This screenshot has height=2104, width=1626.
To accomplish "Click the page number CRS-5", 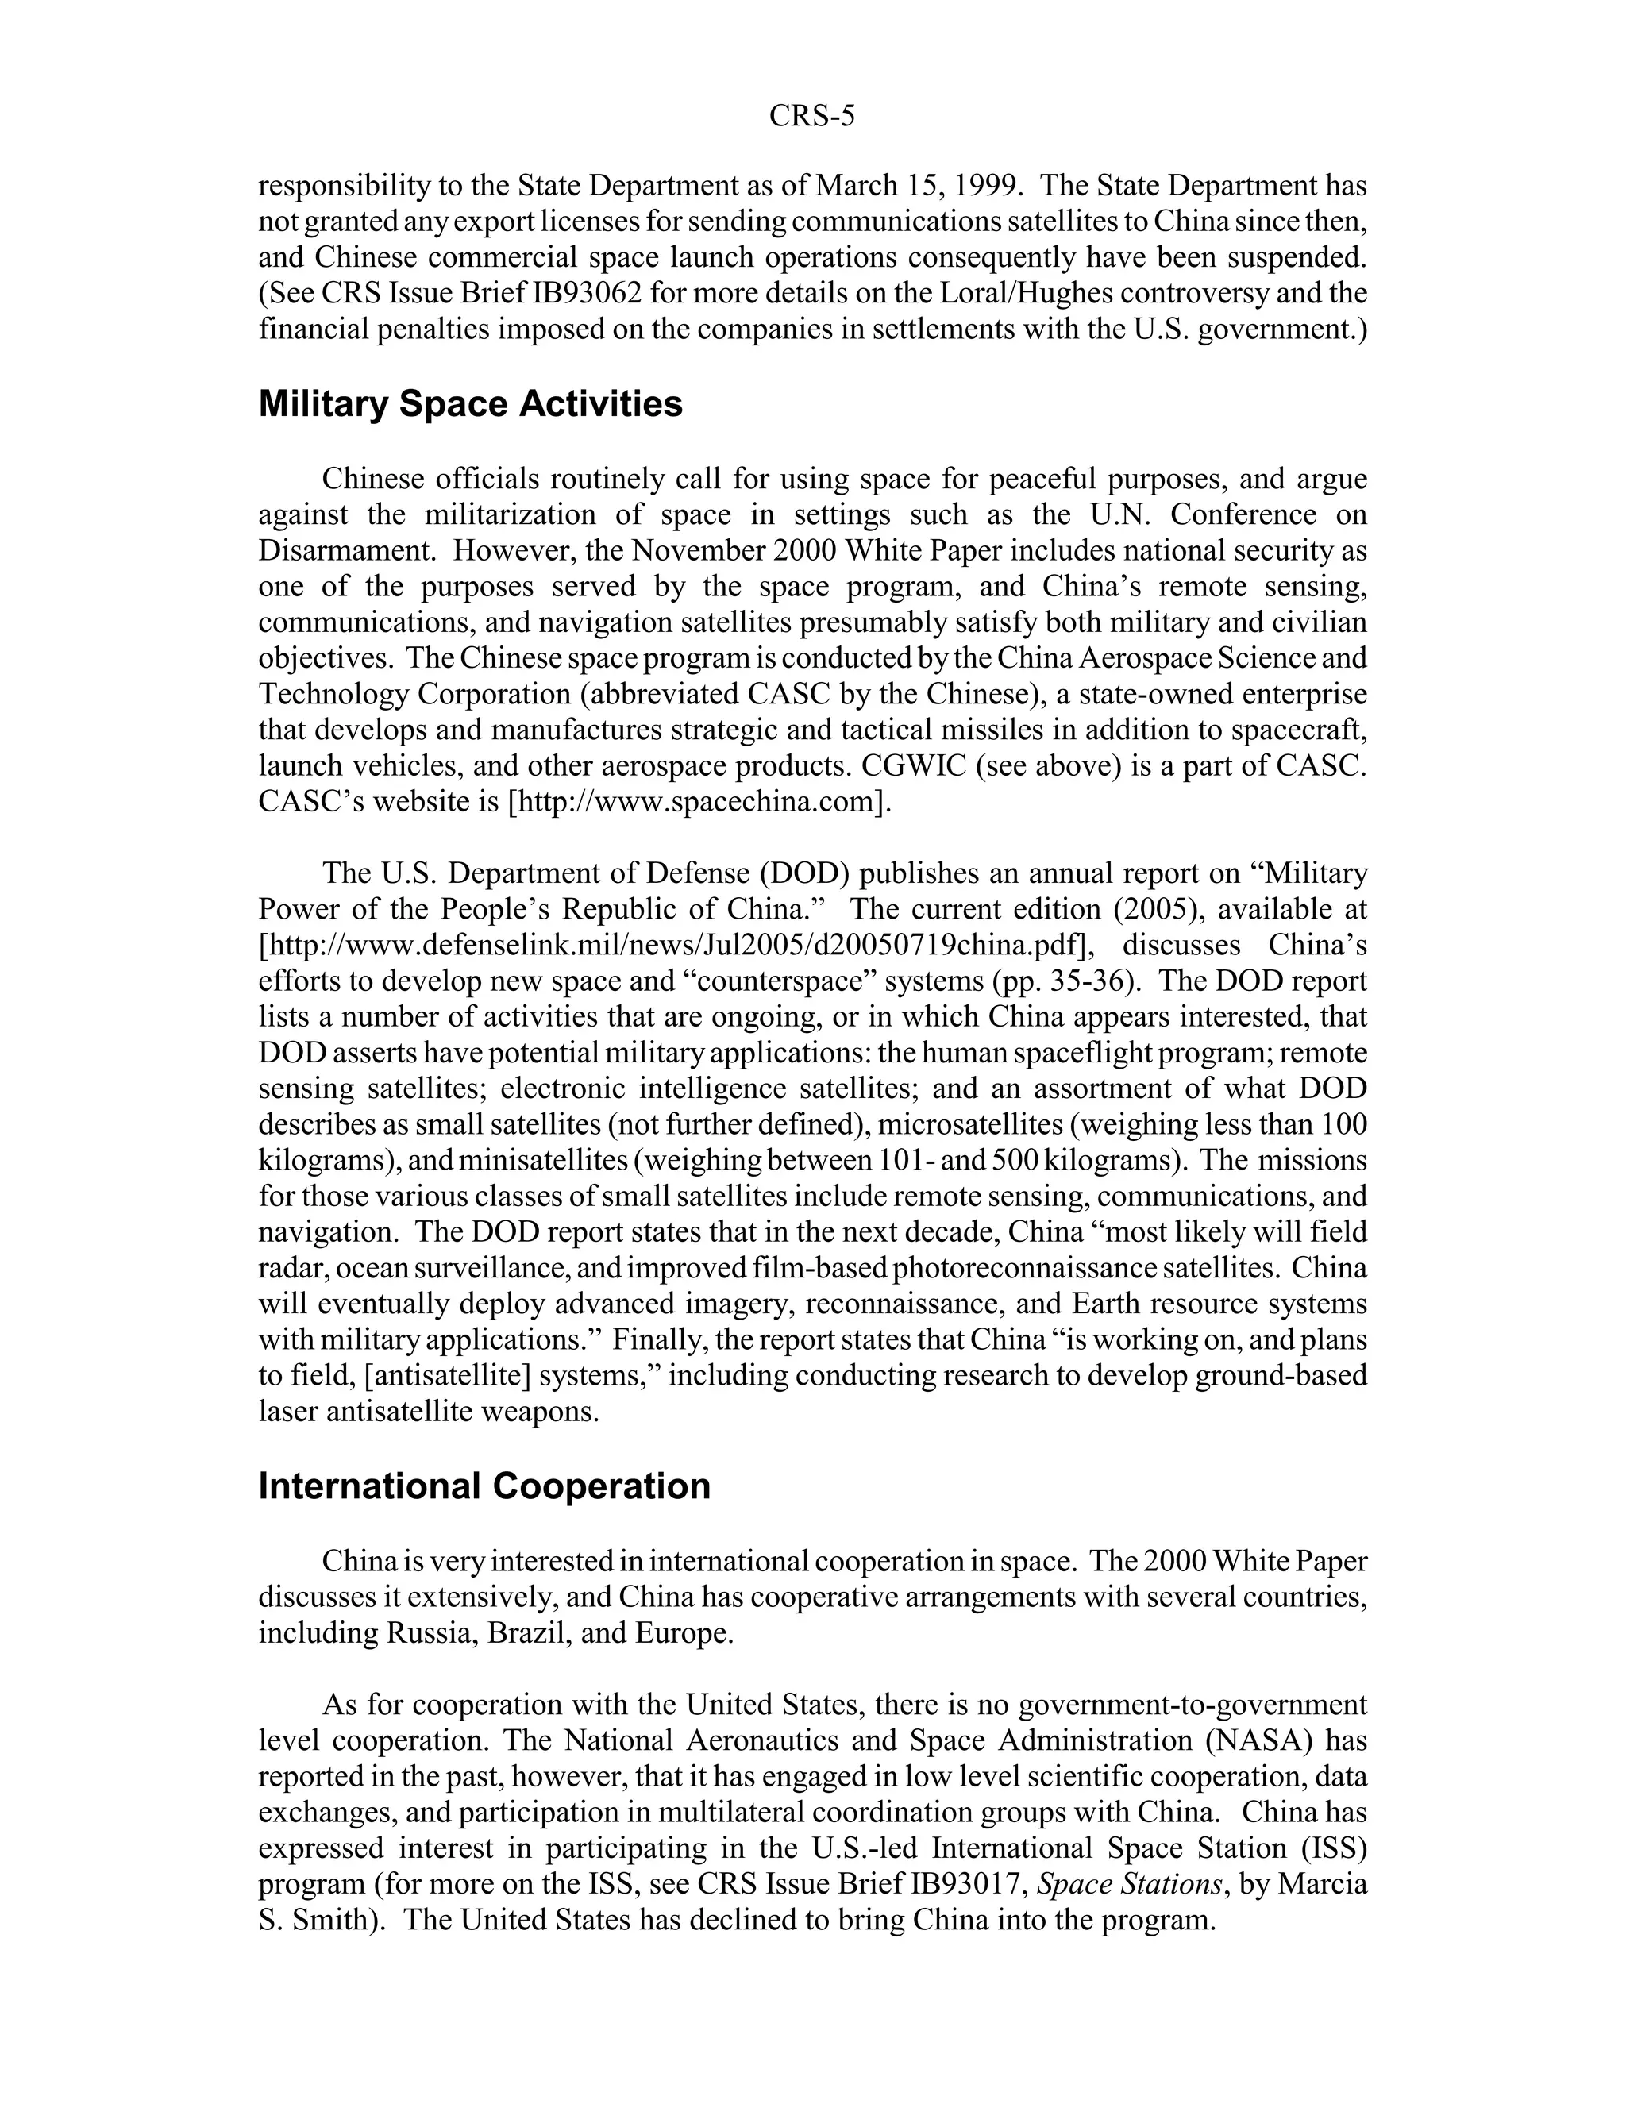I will click(811, 117).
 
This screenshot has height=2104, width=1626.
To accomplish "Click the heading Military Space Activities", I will click(470, 405).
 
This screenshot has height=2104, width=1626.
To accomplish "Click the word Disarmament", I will click(345, 551).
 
